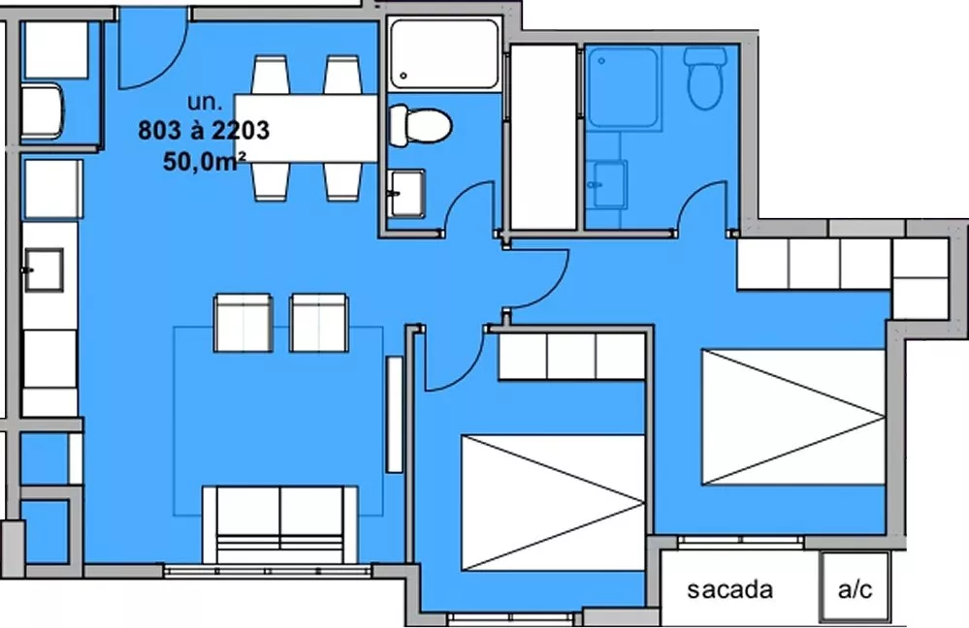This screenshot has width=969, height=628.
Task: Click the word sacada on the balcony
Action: click(729, 589)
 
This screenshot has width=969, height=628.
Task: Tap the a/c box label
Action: click(856, 589)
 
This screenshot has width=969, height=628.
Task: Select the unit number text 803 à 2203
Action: click(204, 130)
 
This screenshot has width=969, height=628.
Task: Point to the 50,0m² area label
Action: click(205, 161)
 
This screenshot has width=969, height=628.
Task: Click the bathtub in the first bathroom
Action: click(443, 54)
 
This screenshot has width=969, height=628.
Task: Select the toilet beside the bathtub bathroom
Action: click(420, 125)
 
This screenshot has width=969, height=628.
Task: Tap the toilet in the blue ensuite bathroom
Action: click(705, 78)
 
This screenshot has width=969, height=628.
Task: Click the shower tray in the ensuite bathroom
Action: click(623, 88)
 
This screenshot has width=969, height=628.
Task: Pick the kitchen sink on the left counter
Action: click(44, 269)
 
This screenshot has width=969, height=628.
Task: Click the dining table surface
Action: click(307, 128)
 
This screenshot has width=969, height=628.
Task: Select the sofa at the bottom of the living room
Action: click(280, 524)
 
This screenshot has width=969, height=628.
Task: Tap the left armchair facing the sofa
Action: click(242, 323)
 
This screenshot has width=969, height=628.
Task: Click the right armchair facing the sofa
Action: click(319, 323)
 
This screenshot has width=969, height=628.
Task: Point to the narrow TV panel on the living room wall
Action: click(394, 415)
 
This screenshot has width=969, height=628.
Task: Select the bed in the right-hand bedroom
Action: click(793, 418)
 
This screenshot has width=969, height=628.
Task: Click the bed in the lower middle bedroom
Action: click(554, 503)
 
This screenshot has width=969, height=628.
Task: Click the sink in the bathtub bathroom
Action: click(407, 193)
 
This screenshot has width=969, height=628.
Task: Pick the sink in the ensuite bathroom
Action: click(610, 184)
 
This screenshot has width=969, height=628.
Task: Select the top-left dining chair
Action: click(270, 75)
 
